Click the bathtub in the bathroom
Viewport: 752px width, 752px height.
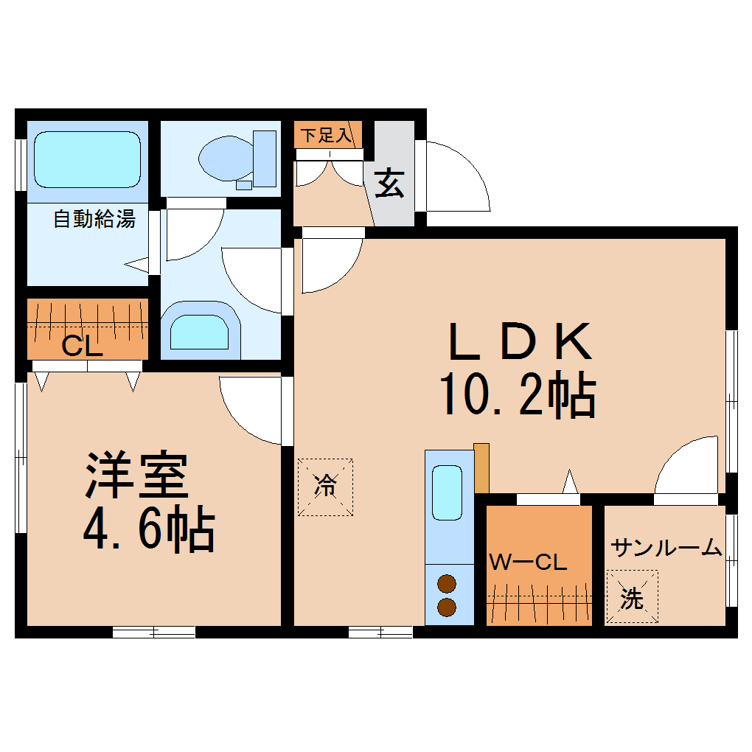88,159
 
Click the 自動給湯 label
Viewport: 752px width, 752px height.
94,219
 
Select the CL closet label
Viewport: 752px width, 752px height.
81,346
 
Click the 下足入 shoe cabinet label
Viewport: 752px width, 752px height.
327,136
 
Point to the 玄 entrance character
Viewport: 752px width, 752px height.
389,184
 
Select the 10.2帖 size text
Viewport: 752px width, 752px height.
518,396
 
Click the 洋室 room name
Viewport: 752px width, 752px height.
137,476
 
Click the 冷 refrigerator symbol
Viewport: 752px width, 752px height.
325,487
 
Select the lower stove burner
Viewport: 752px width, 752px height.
447,607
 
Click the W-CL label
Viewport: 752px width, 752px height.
528,563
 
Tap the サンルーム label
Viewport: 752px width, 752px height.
666,548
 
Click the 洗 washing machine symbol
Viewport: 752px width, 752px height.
632,597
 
